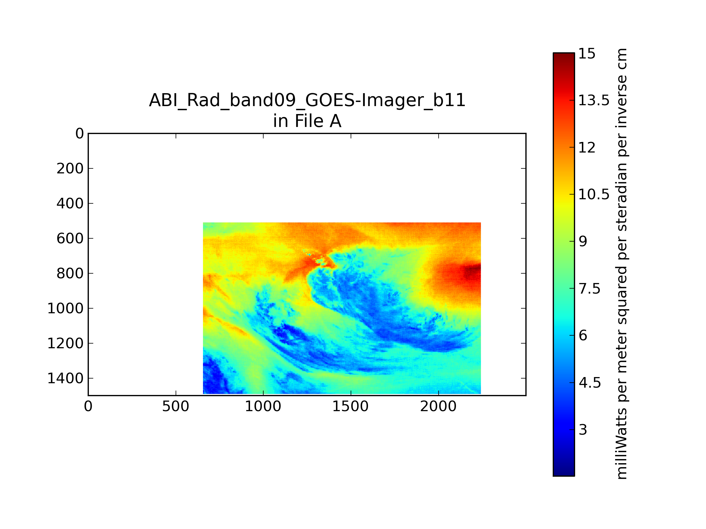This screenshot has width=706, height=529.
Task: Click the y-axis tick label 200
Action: click(70, 168)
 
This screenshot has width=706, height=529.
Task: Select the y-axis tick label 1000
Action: click(65, 308)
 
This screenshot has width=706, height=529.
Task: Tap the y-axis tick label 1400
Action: click(65, 378)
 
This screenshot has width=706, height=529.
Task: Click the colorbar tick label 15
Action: click(587, 53)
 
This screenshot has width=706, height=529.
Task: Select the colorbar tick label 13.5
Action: click(594, 101)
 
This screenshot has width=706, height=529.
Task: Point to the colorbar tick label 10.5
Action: click(594, 194)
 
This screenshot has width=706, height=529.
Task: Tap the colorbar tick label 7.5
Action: click(590, 289)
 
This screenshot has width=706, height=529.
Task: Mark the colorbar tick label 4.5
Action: click(590, 383)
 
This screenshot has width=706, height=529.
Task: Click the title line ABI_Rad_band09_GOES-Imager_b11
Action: click(307, 100)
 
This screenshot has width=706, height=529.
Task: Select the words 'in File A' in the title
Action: click(307, 121)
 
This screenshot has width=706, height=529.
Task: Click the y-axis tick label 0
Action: click(79, 134)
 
